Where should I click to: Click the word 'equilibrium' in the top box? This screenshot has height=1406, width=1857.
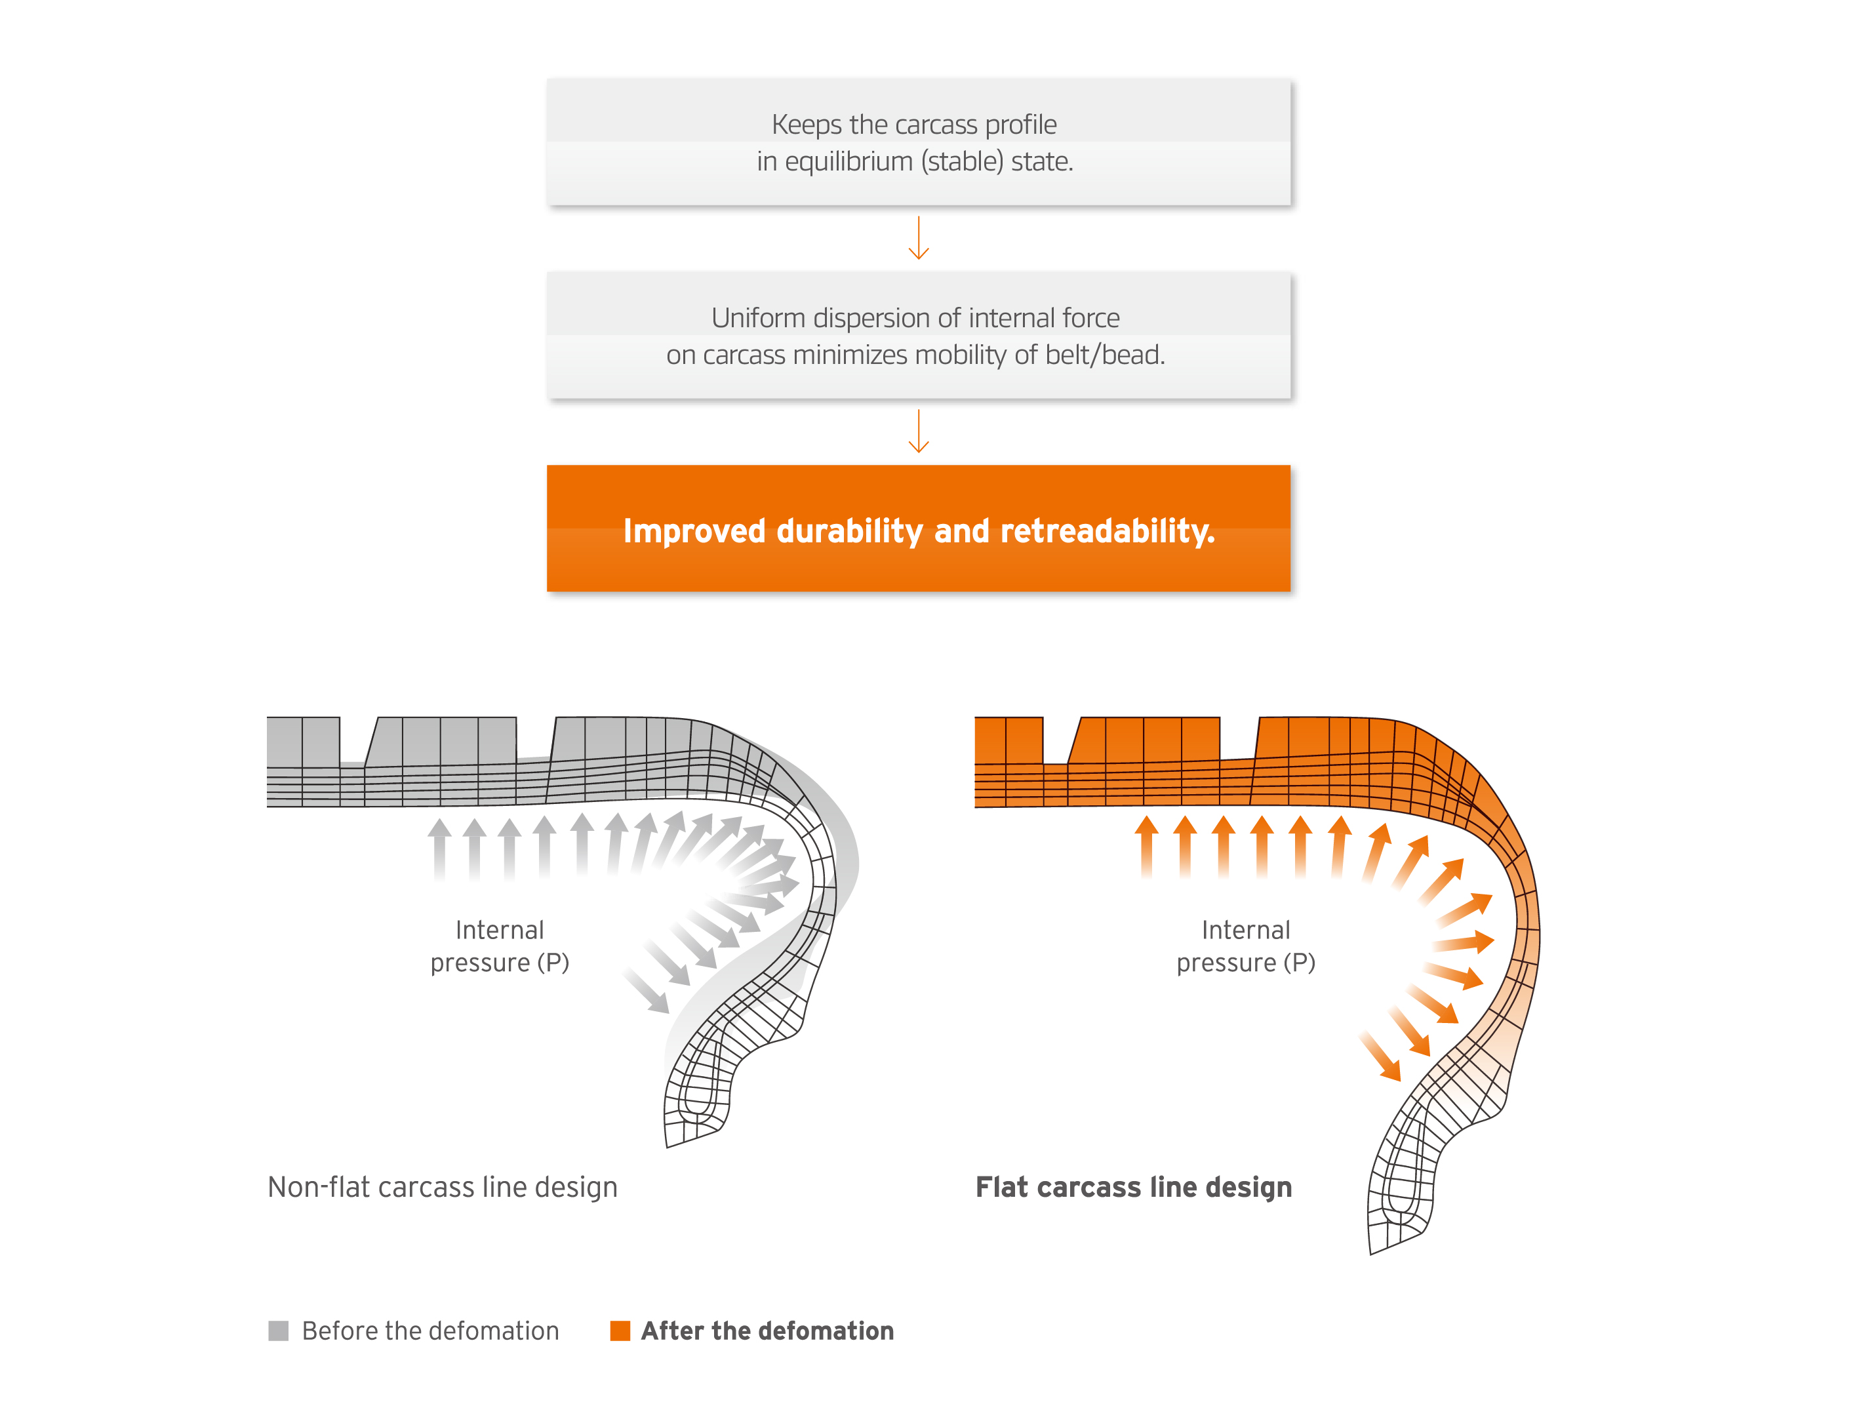point(848,161)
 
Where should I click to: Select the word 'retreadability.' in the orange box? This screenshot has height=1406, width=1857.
point(1108,531)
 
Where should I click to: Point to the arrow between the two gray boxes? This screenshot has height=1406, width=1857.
point(919,237)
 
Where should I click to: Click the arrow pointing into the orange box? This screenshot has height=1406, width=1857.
point(919,431)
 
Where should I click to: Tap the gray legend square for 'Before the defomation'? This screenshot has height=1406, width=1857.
point(278,1331)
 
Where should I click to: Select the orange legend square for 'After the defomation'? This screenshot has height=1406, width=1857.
point(620,1331)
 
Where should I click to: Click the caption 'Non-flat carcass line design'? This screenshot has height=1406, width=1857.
point(443,1187)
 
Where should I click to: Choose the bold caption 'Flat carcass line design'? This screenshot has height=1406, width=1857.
point(1133,1187)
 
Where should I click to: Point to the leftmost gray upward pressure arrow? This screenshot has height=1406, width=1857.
point(439,849)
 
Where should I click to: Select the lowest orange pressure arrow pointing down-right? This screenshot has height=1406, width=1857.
point(1381,1058)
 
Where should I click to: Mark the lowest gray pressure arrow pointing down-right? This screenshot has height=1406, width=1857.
point(647,990)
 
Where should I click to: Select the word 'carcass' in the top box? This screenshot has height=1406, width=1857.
point(937,124)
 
